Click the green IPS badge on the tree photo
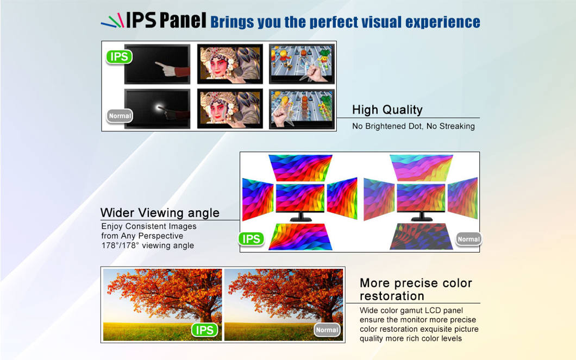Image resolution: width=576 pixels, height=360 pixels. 205,330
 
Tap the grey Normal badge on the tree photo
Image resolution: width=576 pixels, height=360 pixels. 327,330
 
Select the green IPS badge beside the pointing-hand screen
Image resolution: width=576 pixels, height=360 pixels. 119,56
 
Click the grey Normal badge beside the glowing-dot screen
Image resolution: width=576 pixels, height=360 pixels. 120,116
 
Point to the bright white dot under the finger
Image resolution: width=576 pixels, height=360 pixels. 160,108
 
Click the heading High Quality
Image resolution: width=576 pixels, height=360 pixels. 387,110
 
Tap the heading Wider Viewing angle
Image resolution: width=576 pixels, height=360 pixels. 160,213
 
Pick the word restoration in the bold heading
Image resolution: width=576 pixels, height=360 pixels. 392,296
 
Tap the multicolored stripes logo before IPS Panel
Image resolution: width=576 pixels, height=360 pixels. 112,21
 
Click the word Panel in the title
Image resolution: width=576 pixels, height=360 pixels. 183,20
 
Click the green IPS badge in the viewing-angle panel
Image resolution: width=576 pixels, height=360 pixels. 251,239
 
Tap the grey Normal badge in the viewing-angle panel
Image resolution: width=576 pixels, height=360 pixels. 468,239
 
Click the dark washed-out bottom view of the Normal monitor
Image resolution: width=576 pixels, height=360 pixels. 421,237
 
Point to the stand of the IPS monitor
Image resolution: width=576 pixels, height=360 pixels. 300,217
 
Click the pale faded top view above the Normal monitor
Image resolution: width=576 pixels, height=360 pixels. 421,168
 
